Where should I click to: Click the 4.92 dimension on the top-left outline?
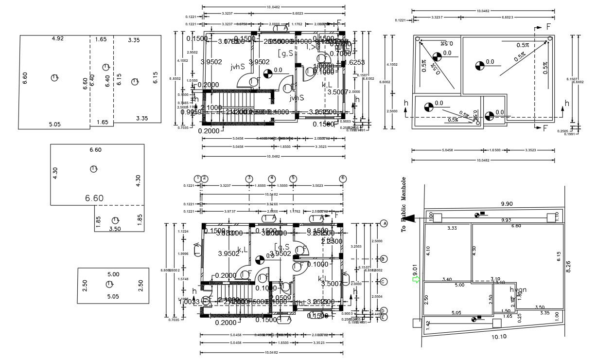[x=58, y=38]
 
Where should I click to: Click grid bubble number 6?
[x=343, y=179]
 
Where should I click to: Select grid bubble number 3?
[x=249, y=179]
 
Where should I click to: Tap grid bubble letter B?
[x=384, y=259]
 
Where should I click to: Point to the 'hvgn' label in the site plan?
[x=518, y=290]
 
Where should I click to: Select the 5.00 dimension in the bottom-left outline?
[x=113, y=274]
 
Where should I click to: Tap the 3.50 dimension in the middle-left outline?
[x=115, y=228]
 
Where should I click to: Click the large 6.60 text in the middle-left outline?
[x=94, y=198]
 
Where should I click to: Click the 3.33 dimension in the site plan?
[x=452, y=228]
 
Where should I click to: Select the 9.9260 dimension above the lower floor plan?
[x=272, y=204]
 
